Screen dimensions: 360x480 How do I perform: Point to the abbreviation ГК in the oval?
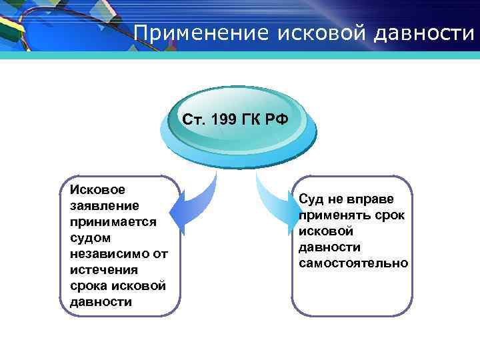254,119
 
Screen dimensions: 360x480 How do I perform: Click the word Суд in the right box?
311,199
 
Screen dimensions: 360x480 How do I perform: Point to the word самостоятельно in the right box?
353,263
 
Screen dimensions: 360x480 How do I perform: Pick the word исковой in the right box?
326,231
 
